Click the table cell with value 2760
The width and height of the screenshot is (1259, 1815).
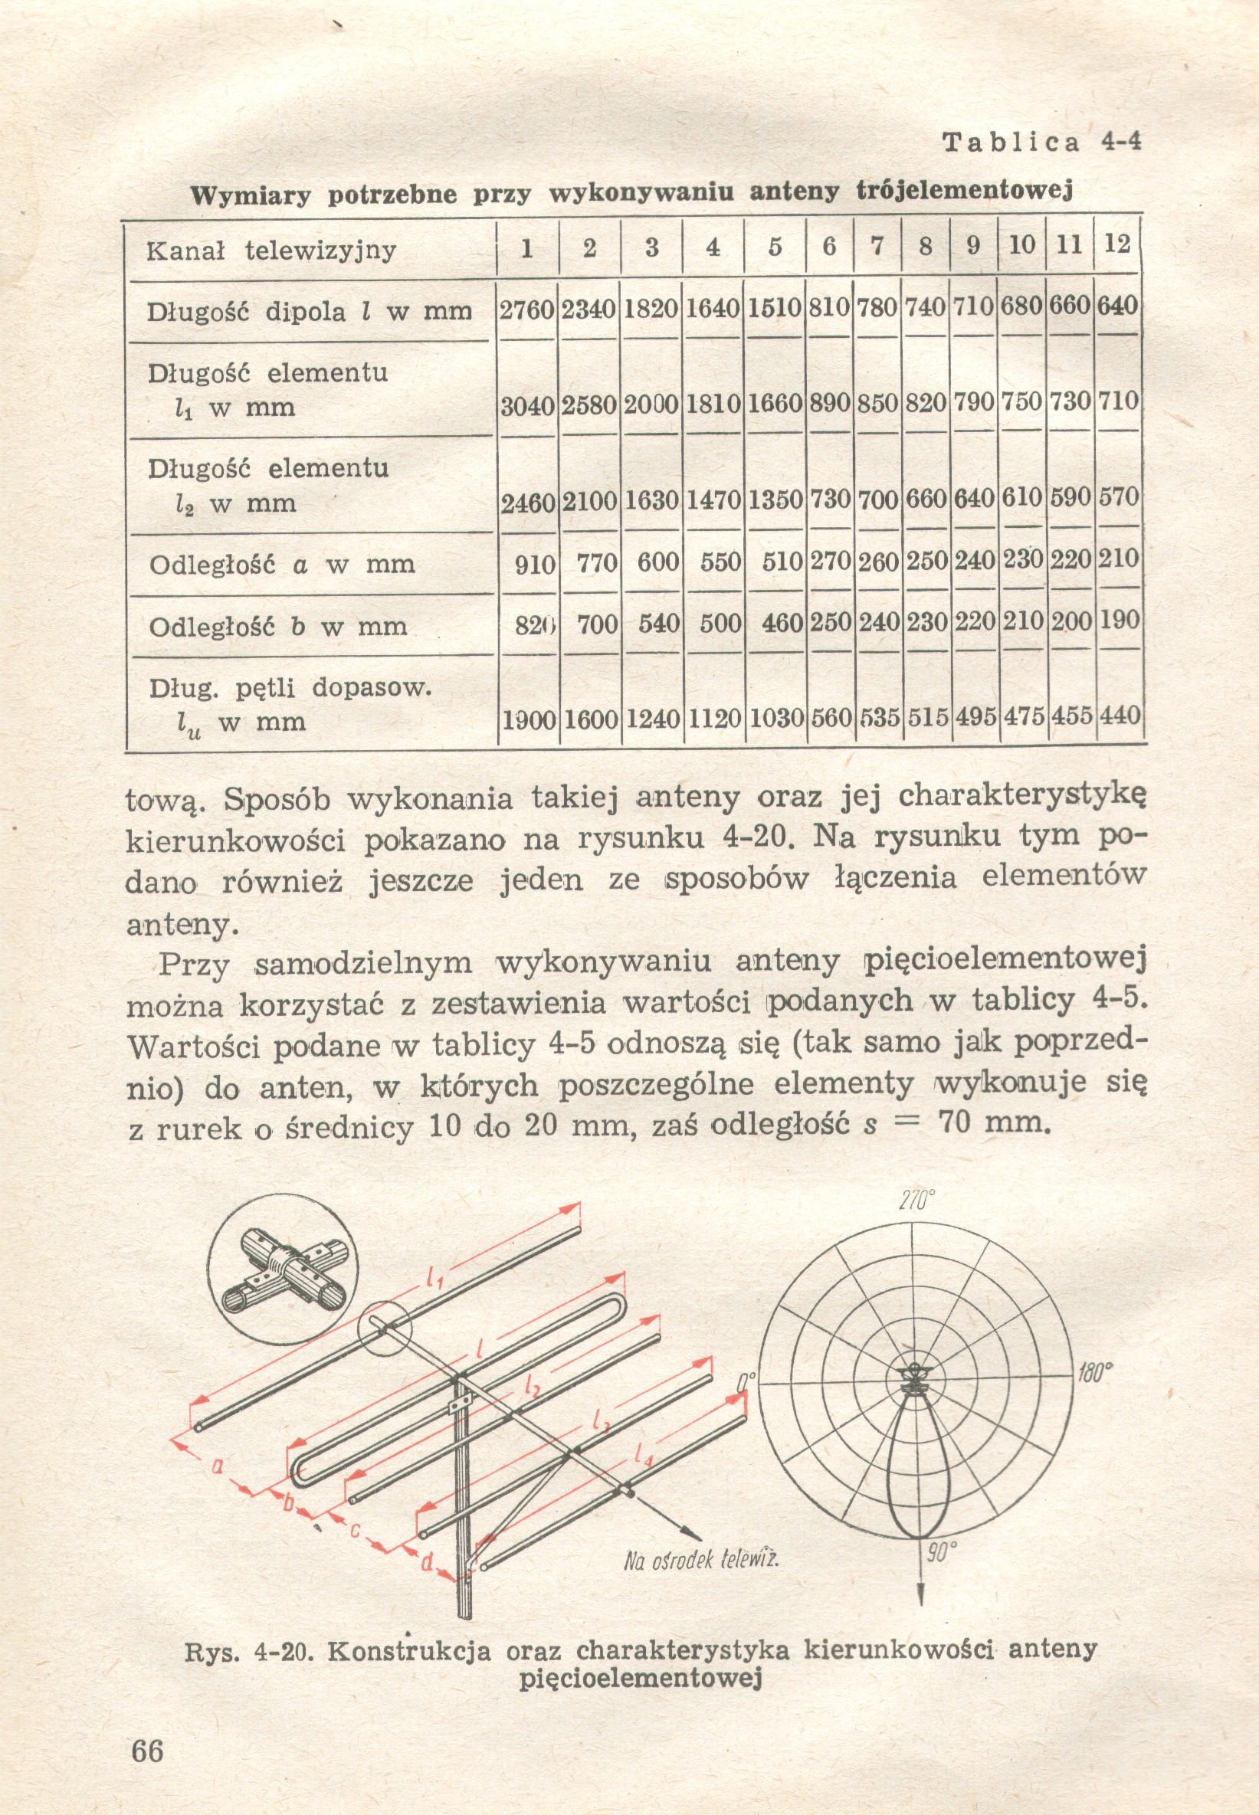click(528, 310)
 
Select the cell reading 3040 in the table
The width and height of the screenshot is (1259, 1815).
click(528, 406)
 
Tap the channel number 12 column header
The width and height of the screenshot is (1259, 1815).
click(1117, 244)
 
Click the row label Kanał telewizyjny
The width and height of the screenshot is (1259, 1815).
click(270, 251)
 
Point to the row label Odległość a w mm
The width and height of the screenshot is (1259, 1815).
click(282, 564)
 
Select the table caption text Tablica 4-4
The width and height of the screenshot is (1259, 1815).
click(1041, 142)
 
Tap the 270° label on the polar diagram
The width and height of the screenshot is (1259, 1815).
click(916, 1201)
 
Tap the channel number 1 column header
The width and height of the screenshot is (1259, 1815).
click(526, 247)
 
